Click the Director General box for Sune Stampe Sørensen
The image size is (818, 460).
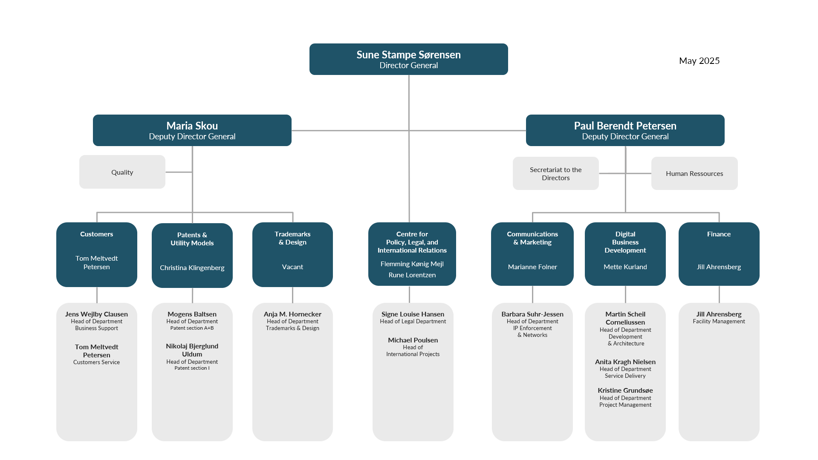(x=408, y=59)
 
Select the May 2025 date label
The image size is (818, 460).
(x=699, y=61)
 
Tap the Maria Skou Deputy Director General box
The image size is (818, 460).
(x=192, y=130)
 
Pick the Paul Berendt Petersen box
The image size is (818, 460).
(x=625, y=130)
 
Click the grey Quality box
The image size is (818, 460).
(x=122, y=172)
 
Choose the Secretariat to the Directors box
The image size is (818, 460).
(x=556, y=173)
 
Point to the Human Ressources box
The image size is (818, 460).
(x=694, y=173)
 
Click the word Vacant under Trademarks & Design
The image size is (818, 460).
(x=292, y=267)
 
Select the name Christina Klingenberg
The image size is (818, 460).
(x=192, y=268)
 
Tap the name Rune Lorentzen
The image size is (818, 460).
(x=412, y=275)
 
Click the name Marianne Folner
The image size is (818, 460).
(x=532, y=267)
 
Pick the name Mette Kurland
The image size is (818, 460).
(x=625, y=267)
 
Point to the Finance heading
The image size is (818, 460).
(x=719, y=234)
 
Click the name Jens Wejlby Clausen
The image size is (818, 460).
(x=96, y=314)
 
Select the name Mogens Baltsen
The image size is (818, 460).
(x=192, y=314)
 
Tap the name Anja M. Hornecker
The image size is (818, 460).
(x=292, y=314)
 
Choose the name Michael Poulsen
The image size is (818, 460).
(x=413, y=340)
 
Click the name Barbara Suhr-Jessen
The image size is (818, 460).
(x=532, y=314)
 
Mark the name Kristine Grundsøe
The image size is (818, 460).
(x=625, y=391)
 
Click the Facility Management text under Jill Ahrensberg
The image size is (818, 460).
(x=719, y=322)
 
